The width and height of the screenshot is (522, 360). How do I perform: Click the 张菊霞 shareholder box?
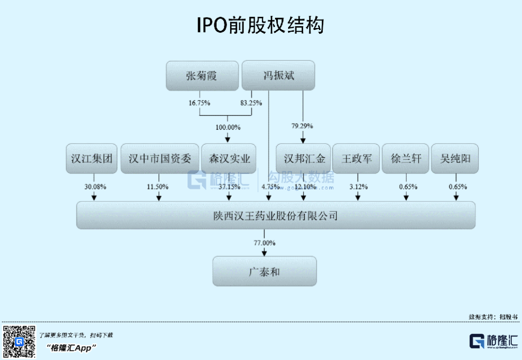tap(202, 76)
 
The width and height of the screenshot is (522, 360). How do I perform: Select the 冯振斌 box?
tap(278, 75)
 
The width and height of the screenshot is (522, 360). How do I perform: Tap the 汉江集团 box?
tap(92, 158)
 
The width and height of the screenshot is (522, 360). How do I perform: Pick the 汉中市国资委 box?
tap(159, 158)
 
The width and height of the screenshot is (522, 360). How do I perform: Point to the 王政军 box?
tap(357, 158)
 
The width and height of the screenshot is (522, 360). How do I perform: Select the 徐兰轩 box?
tap(406, 158)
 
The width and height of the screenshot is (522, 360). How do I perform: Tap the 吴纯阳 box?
tap(455, 158)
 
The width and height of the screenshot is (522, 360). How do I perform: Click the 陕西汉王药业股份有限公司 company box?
tap(275, 216)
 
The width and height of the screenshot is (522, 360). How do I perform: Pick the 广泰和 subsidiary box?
tap(264, 272)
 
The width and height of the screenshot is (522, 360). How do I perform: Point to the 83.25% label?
tap(251, 103)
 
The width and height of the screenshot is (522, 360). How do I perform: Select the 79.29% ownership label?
tap(303, 126)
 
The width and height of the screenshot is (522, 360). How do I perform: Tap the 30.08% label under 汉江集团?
tap(95, 187)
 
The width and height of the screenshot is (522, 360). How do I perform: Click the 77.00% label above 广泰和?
tap(264, 243)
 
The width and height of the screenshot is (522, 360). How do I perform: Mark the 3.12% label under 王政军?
tap(358, 187)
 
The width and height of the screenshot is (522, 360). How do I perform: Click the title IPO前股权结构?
tap(261, 25)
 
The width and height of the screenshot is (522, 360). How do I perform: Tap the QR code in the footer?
tap(19, 342)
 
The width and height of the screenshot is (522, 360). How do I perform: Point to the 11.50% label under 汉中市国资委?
tap(158, 187)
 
